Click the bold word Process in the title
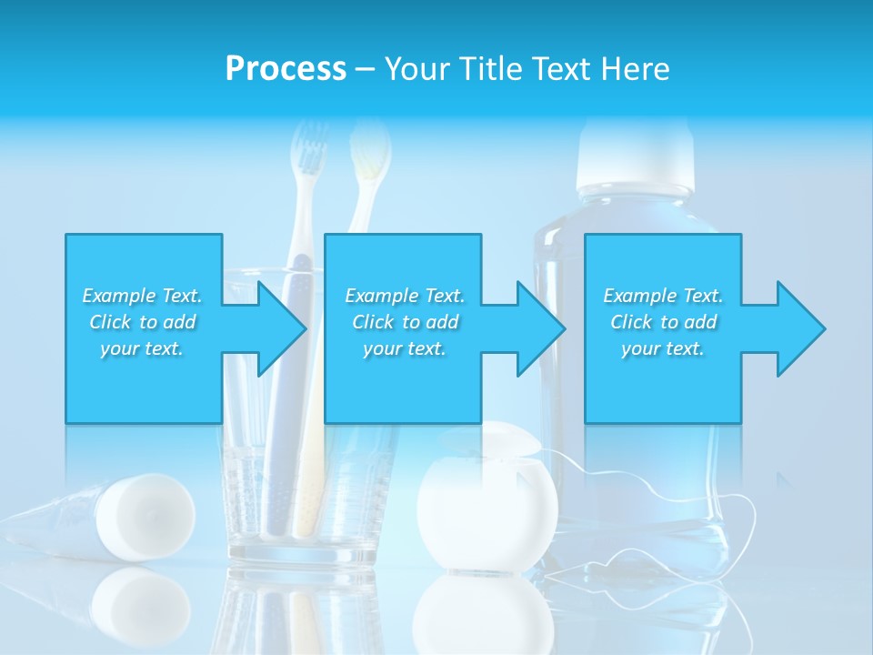(x=286, y=69)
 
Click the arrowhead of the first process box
(x=280, y=328)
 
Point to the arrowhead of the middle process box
(x=540, y=328)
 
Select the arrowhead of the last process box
(x=799, y=328)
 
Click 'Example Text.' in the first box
(x=142, y=296)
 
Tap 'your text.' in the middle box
(x=404, y=348)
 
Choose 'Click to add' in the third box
(x=663, y=322)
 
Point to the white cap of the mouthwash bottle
(x=636, y=150)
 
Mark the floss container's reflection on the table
(x=487, y=614)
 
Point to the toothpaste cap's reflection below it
(x=141, y=600)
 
